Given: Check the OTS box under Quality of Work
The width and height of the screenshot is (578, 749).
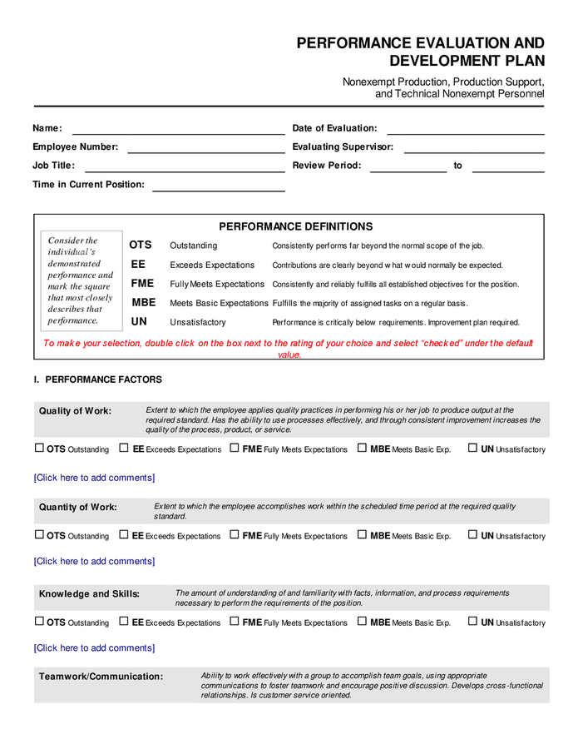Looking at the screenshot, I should (39, 448).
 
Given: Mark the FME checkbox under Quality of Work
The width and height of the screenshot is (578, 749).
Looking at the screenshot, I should (235, 448).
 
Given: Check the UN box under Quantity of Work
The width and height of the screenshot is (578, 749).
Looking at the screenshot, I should (472, 534).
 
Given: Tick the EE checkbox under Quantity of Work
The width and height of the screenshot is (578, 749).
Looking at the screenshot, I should (124, 534).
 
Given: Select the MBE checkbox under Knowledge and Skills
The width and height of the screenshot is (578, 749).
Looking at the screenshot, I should (363, 621).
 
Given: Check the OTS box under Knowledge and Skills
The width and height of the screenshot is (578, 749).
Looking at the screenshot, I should (39, 621).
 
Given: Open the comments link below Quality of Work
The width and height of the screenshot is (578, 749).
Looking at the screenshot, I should (94, 478).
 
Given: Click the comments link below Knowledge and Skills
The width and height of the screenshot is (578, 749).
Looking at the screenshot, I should (94, 647).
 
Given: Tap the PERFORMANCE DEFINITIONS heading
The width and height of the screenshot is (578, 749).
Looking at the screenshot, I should (295, 226).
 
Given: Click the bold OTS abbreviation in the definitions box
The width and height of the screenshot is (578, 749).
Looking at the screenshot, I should (141, 246).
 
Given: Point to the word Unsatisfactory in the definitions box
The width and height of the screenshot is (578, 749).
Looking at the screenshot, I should (198, 322).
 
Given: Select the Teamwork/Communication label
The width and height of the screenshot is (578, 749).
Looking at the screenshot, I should (101, 677).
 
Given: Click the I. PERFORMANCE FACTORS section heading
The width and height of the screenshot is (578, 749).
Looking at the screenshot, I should (98, 379).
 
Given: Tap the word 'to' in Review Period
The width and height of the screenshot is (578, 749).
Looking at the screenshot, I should (457, 166).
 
